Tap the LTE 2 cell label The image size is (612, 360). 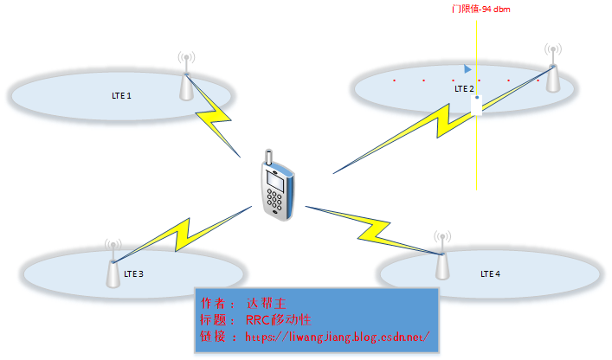pyautogui.click(x=465, y=88)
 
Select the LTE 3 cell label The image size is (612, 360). pyautogui.click(x=134, y=273)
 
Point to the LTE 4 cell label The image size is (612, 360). pyautogui.click(x=490, y=273)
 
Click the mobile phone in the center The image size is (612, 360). pyautogui.click(x=279, y=187)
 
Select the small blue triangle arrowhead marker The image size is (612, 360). pyautogui.click(x=467, y=68)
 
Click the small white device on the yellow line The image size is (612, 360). pyautogui.click(x=476, y=105)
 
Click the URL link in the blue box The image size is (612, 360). pyautogui.click(x=338, y=336)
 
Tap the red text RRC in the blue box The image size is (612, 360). pyautogui.click(x=259, y=319)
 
